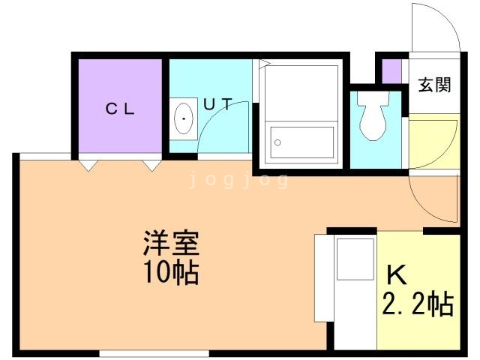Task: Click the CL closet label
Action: point(119,108)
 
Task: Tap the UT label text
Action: point(217,104)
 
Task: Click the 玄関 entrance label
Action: point(434,85)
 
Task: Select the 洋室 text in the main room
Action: point(170,244)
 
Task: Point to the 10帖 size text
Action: point(170,271)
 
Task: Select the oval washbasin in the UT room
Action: point(182,118)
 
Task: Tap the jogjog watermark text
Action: point(238,180)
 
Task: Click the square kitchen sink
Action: point(355,258)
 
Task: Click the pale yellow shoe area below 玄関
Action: point(433,142)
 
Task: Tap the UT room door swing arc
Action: point(225,124)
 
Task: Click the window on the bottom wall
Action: point(142,352)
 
